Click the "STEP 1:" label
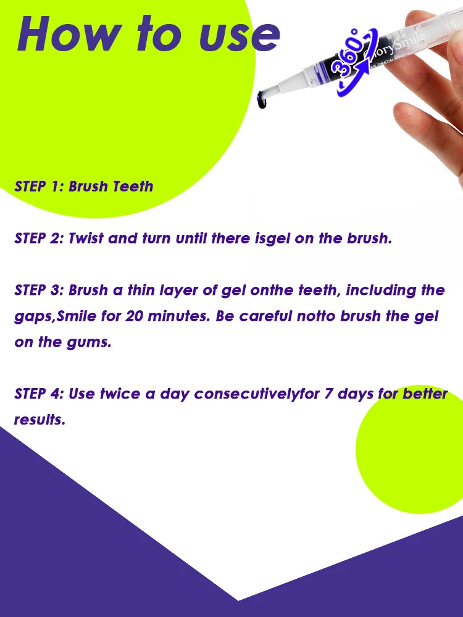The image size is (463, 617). point(38,186)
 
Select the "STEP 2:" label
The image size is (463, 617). point(38,238)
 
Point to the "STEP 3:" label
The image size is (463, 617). point(38,290)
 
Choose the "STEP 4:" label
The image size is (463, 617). point(38,394)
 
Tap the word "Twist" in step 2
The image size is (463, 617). point(87,238)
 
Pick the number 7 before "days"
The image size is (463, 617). point(330,394)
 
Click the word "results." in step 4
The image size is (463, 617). point(40,420)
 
